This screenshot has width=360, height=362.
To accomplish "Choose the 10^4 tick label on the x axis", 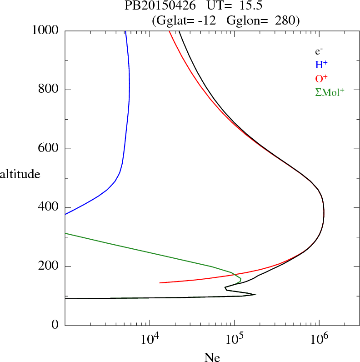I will tap(150, 339).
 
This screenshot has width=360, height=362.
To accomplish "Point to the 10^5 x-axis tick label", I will tap(235, 339).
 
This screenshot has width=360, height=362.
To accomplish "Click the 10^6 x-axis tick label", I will tap(319, 339).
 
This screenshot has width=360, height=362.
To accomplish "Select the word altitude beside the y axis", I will tap(20, 174).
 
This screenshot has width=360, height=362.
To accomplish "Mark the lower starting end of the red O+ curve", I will tap(160, 282).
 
